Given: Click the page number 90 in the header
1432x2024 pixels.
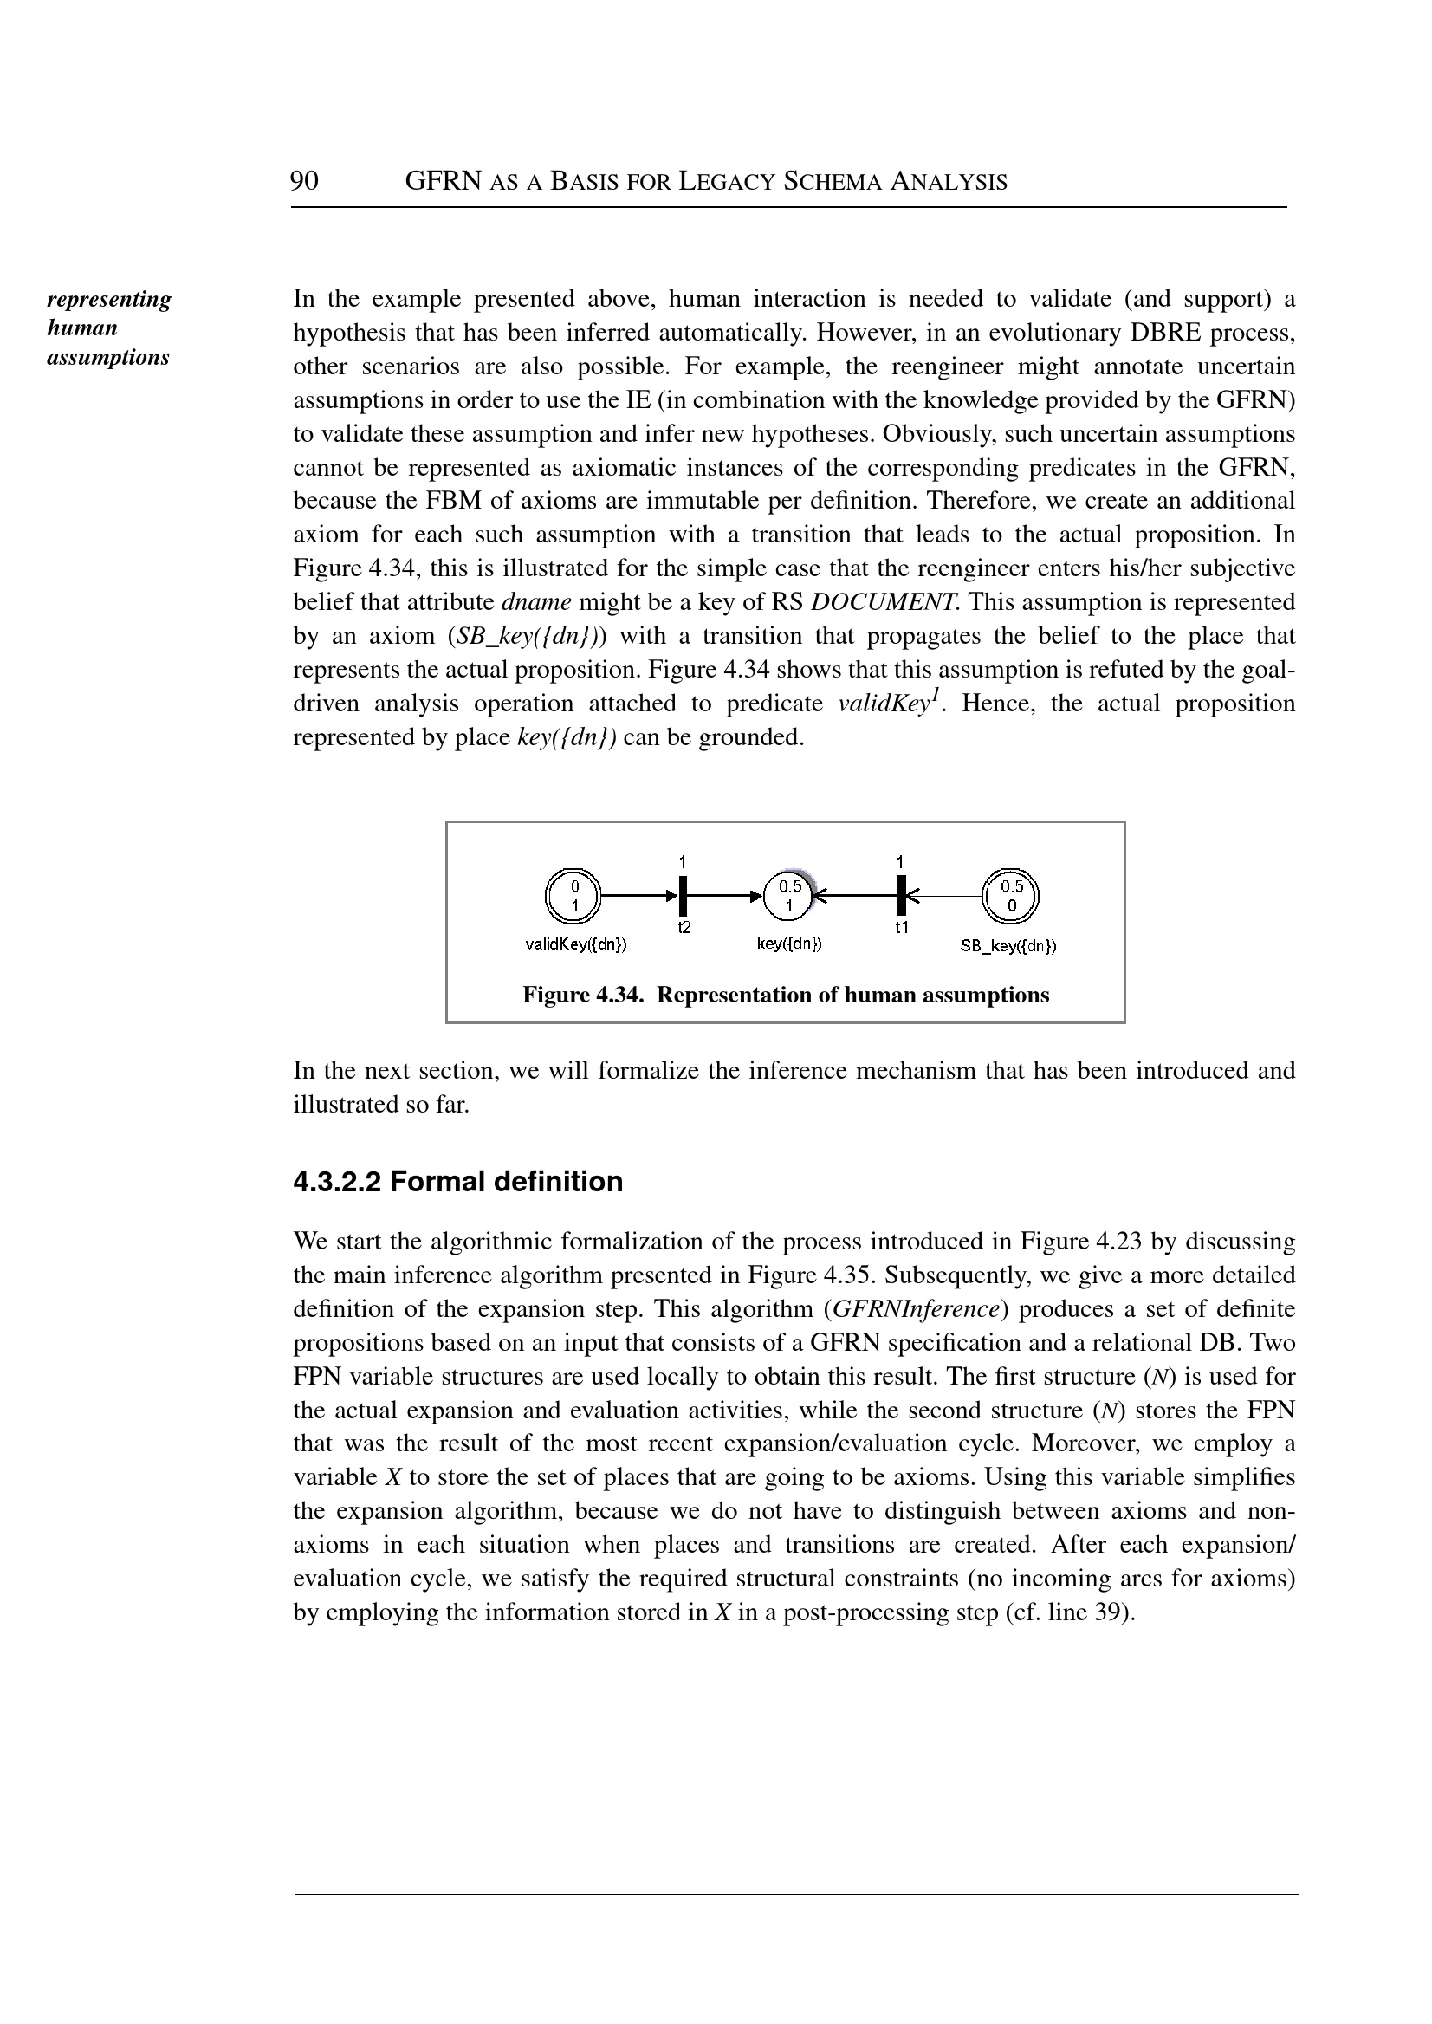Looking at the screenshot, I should coord(304,181).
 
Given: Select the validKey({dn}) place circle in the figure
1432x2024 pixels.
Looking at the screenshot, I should coord(573,895).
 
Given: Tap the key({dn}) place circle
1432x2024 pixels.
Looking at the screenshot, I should coord(790,895).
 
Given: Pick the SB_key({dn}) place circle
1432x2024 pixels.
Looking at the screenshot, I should coord(1011,895).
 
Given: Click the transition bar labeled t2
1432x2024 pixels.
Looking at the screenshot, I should coord(683,895).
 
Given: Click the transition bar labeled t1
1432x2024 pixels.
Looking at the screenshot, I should coord(900,895).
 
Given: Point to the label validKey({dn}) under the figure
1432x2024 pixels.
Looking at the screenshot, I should coord(577,944).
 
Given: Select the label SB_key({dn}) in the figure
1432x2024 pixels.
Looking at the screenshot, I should coord(1008,946).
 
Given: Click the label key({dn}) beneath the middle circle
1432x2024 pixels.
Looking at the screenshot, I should coord(789,944).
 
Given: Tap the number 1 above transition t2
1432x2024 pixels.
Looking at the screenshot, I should coord(683,860).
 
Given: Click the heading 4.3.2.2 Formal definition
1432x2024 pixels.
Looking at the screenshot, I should coord(457,1182).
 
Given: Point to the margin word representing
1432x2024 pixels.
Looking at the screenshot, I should coord(109,299).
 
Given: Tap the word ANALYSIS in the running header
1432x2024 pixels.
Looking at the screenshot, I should coord(949,183).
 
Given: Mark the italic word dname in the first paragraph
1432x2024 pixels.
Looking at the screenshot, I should coord(536,602).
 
